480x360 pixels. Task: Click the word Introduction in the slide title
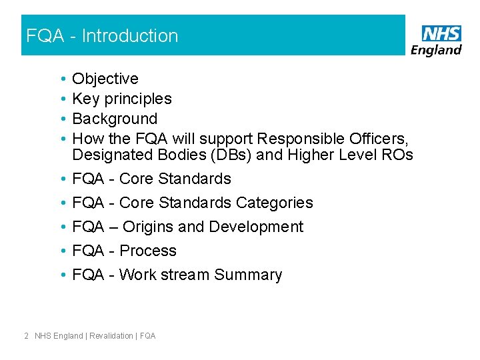pyautogui.click(x=130, y=36)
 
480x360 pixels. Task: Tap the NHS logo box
pyautogui.click(x=441, y=34)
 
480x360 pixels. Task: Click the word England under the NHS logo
pyautogui.click(x=436, y=51)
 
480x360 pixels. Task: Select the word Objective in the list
pyautogui.click(x=105, y=79)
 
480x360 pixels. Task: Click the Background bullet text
pyautogui.click(x=115, y=119)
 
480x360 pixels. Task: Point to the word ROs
pyautogui.click(x=398, y=155)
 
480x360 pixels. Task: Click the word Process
pyautogui.click(x=148, y=251)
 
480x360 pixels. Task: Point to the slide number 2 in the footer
pyautogui.click(x=25, y=336)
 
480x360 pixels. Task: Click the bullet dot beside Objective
pyautogui.click(x=61, y=79)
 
